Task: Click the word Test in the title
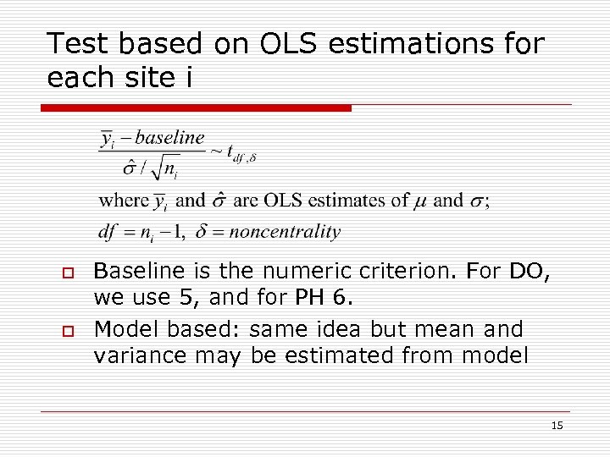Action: pyautogui.click(x=78, y=43)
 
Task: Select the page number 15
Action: pyautogui.click(x=557, y=426)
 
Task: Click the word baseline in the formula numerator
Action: pyautogui.click(x=169, y=137)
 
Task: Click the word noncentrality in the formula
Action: pyautogui.click(x=285, y=231)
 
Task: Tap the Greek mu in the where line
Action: pyautogui.click(x=422, y=201)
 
